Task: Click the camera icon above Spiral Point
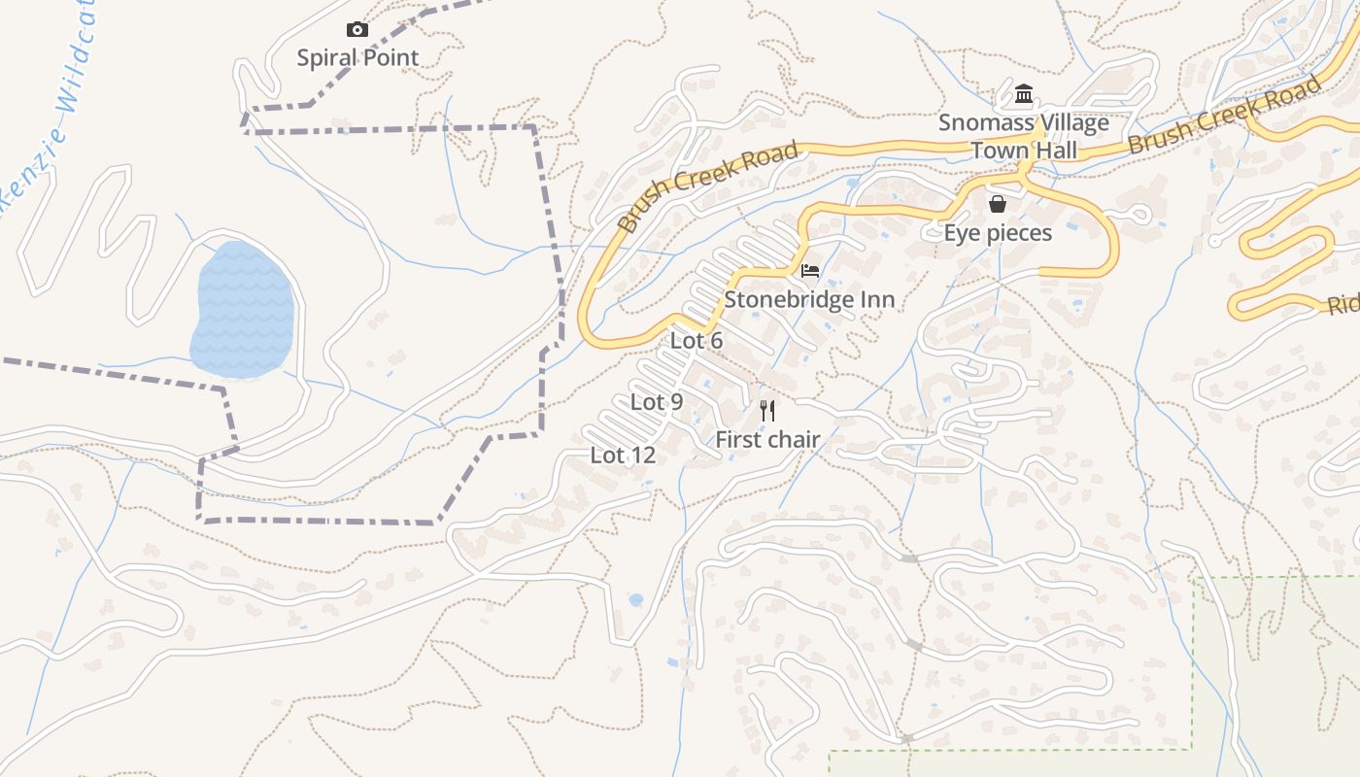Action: [357, 30]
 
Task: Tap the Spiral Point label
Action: [357, 57]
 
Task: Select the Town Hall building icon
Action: [1023, 94]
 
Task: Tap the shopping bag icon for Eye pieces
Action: [997, 204]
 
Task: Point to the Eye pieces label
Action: [998, 233]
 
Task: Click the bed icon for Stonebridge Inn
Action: [810, 271]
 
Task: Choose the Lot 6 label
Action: [697, 341]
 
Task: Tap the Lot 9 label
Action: [657, 401]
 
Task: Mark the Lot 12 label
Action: [623, 455]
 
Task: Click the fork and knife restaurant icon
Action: [767, 411]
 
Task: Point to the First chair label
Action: [767, 440]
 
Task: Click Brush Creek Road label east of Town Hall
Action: [1226, 116]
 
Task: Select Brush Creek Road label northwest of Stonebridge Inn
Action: [708, 187]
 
